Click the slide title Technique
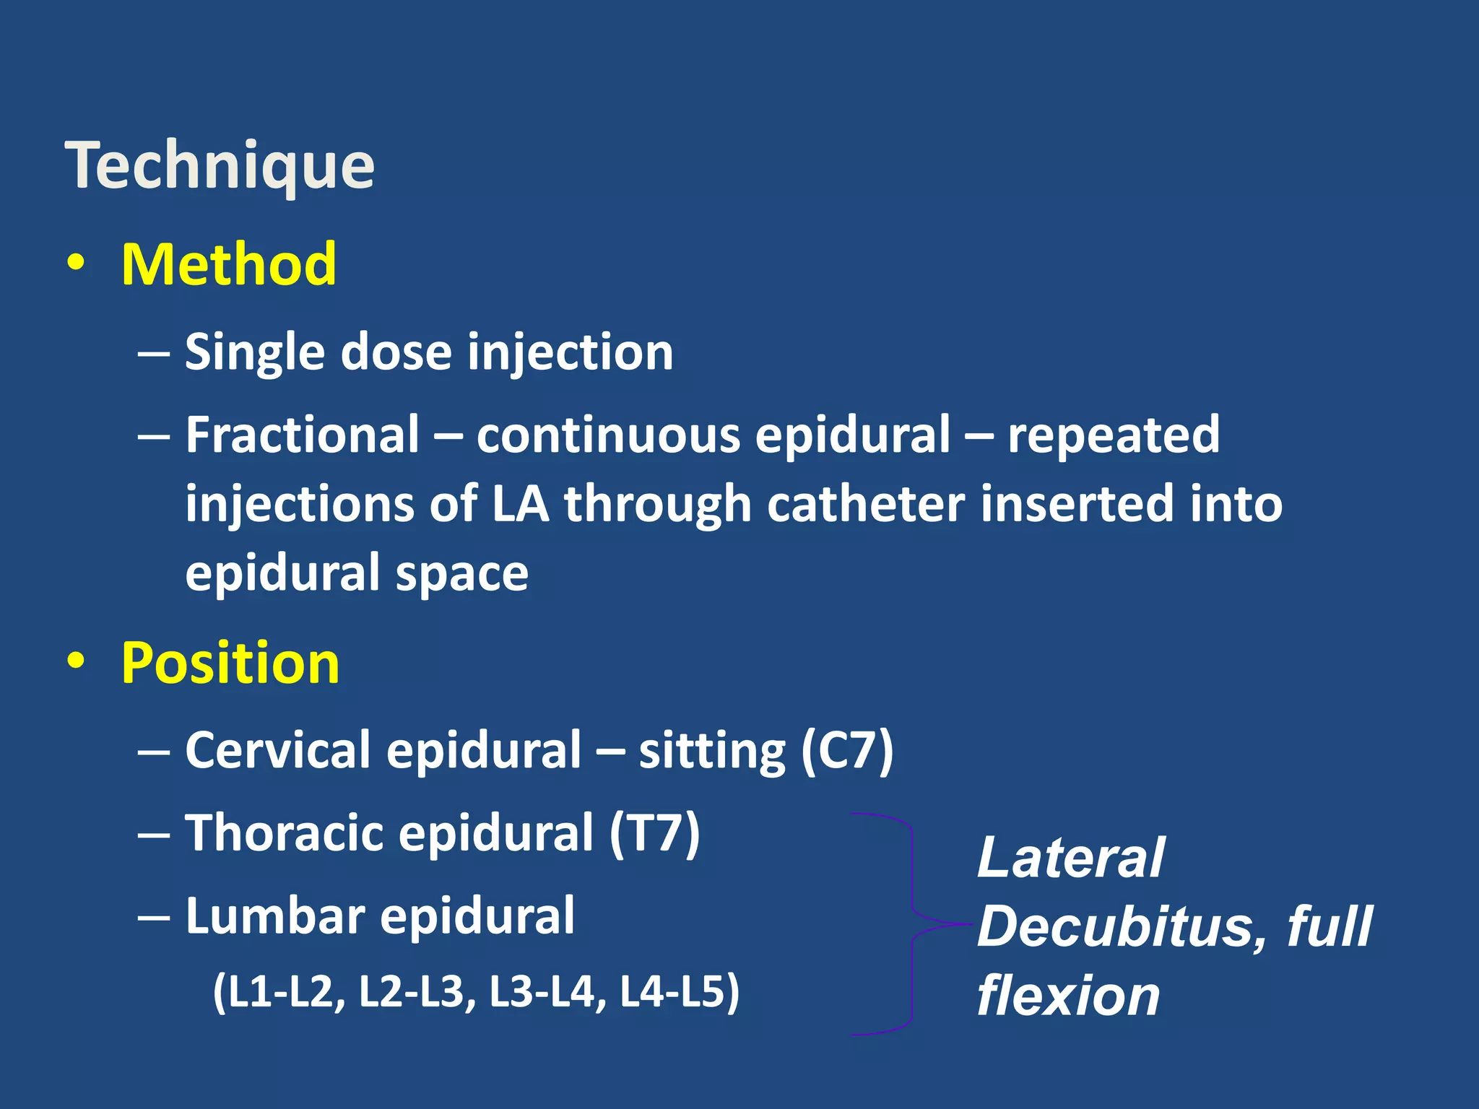pos(220,166)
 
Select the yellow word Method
pos(228,264)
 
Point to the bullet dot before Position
pos(75,661)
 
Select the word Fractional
pos(302,435)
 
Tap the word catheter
pos(865,503)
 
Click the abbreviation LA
pos(520,503)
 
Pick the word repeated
pos(1113,435)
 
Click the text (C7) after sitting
pos(847,751)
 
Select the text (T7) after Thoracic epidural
pos(654,832)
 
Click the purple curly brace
pos(911,924)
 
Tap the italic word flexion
pos(1068,995)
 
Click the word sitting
pos(711,751)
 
